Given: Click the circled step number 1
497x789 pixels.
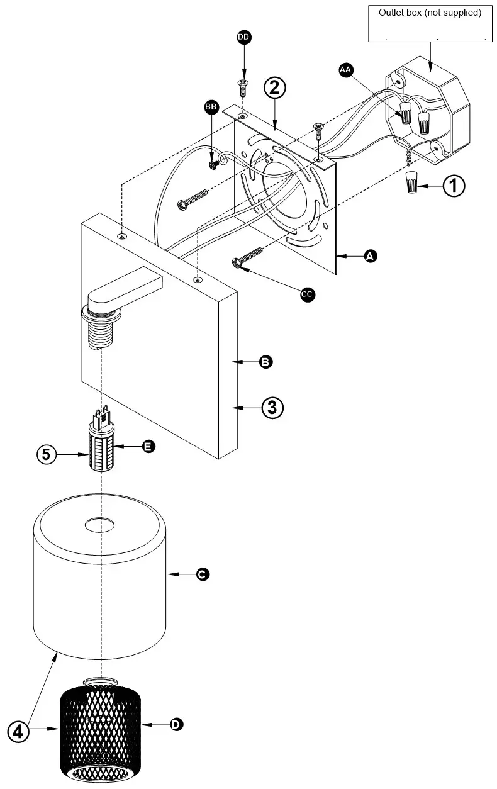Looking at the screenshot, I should click(454, 186).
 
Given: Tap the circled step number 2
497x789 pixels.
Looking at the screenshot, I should click(274, 87).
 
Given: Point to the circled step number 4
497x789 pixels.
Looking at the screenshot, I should click(19, 730).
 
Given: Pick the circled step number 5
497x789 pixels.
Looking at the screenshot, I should click(47, 454).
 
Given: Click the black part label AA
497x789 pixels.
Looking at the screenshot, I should click(345, 70).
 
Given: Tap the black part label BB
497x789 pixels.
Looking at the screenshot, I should click(211, 108).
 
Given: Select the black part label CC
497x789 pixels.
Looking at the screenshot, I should click(307, 294).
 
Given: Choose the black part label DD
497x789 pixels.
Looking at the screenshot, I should click(243, 38).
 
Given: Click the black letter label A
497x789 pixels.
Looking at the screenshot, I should click(371, 255).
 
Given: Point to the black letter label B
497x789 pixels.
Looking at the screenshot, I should click(266, 362).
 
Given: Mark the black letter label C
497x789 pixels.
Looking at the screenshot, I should click(203, 574).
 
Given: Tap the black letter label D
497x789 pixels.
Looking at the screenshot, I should click(177, 725).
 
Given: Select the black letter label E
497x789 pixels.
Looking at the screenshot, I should click(148, 446).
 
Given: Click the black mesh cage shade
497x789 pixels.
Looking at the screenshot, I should click(101, 733).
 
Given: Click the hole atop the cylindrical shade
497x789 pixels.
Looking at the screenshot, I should click(100, 524).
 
